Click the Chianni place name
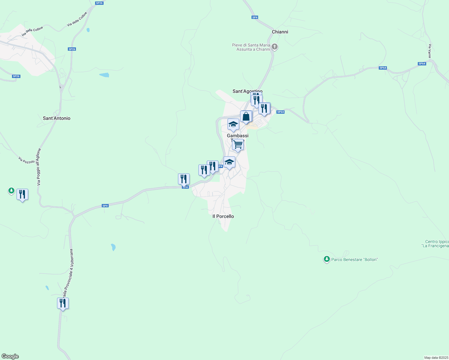pyautogui.click(x=280, y=32)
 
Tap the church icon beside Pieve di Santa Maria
pyautogui.click(x=275, y=46)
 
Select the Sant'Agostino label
pyautogui.click(x=247, y=91)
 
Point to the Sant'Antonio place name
pyautogui.click(x=56, y=118)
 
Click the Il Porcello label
pyautogui.click(x=223, y=216)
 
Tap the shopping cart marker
pyautogui.click(x=238, y=145)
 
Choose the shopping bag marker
pyautogui.click(x=246, y=116)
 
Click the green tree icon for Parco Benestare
pyautogui.click(x=327, y=259)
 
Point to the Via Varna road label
pyautogui.click(x=430, y=51)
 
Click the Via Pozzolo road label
pyautogui.click(x=26, y=160)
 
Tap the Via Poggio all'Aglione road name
pyautogui.click(x=39, y=167)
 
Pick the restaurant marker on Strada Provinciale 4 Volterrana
pyautogui.click(x=63, y=303)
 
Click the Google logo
pyautogui.click(x=10, y=356)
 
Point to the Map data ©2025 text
pyautogui.click(x=436, y=358)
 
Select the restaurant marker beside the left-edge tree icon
pyautogui.click(x=22, y=194)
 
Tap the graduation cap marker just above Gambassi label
pyautogui.click(x=233, y=124)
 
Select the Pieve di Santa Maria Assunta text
pyautogui.click(x=251, y=47)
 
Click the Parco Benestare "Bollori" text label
pyautogui.click(x=354, y=259)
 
